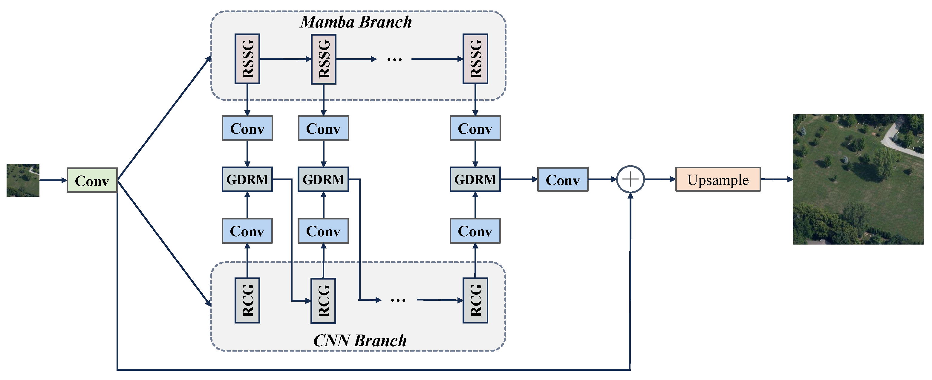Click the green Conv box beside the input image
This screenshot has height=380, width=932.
click(92, 180)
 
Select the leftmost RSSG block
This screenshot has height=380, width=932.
click(247, 59)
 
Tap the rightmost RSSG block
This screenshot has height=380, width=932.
click(475, 59)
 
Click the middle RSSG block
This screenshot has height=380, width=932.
click(323, 59)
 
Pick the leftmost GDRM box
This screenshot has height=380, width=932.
click(247, 179)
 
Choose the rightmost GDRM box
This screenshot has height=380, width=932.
click(475, 179)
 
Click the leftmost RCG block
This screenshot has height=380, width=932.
click(247, 300)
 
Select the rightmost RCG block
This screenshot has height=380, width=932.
click(475, 300)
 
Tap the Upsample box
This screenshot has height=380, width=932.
click(718, 179)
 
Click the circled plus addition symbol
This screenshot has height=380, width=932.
click(630, 179)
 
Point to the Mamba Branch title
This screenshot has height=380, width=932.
click(356, 22)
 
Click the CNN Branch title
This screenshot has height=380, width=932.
click(360, 341)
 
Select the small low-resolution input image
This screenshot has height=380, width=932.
click(23, 180)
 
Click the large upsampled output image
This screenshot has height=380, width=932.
click(858, 179)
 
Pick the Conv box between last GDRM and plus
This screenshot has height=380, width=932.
click(563, 179)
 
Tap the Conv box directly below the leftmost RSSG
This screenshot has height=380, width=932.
click(247, 128)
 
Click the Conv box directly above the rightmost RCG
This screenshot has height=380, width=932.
click(475, 231)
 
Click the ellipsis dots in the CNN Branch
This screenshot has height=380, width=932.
click(398, 300)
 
